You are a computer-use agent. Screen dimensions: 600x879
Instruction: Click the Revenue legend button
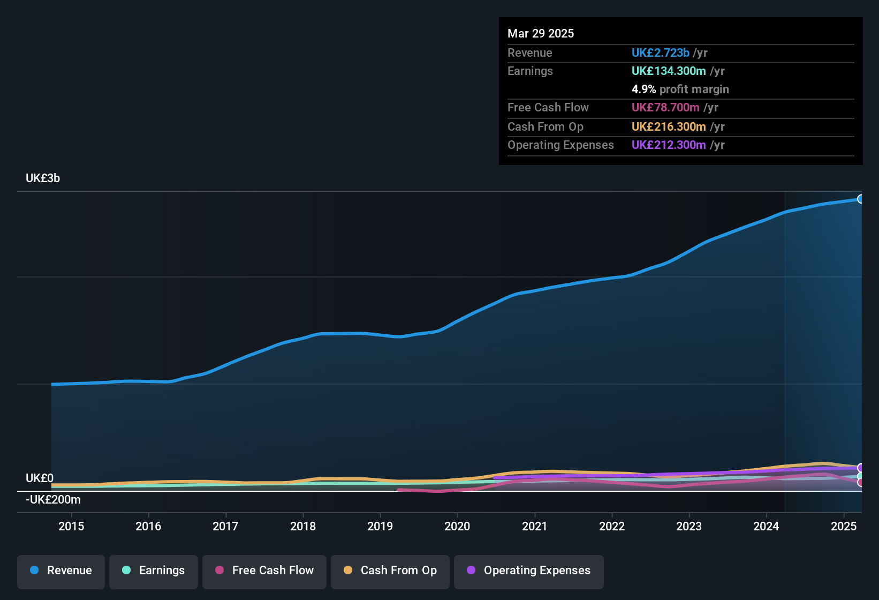[x=61, y=571]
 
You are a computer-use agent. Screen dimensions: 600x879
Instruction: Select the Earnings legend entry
[x=153, y=571]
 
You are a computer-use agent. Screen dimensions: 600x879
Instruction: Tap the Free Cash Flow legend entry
[x=264, y=571]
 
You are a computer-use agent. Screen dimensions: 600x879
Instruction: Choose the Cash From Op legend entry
[x=390, y=571]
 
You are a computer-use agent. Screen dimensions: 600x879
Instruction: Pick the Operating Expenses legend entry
[x=528, y=571]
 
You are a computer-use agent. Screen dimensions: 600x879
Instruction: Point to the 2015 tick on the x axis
[x=71, y=526]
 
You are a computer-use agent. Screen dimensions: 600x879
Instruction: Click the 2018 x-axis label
[x=303, y=526]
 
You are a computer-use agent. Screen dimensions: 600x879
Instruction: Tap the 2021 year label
[x=535, y=526]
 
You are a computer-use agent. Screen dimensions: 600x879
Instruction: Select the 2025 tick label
[x=844, y=526]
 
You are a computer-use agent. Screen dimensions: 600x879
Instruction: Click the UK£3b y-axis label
[x=43, y=178]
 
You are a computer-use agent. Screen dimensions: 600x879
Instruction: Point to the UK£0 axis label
[x=40, y=478]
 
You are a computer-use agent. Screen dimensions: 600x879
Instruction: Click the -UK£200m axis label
[x=53, y=500]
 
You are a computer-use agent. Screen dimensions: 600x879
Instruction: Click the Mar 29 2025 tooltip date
[x=541, y=34]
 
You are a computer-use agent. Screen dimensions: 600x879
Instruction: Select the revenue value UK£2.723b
[x=660, y=53]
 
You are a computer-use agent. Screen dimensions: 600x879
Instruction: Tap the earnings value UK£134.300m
[x=669, y=71]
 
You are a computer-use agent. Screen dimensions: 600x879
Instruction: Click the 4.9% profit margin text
[x=680, y=89]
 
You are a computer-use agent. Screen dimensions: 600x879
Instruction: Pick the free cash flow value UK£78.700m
[x=665, y=108]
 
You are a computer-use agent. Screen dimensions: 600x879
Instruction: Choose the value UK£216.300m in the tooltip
[x=669, y=127]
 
